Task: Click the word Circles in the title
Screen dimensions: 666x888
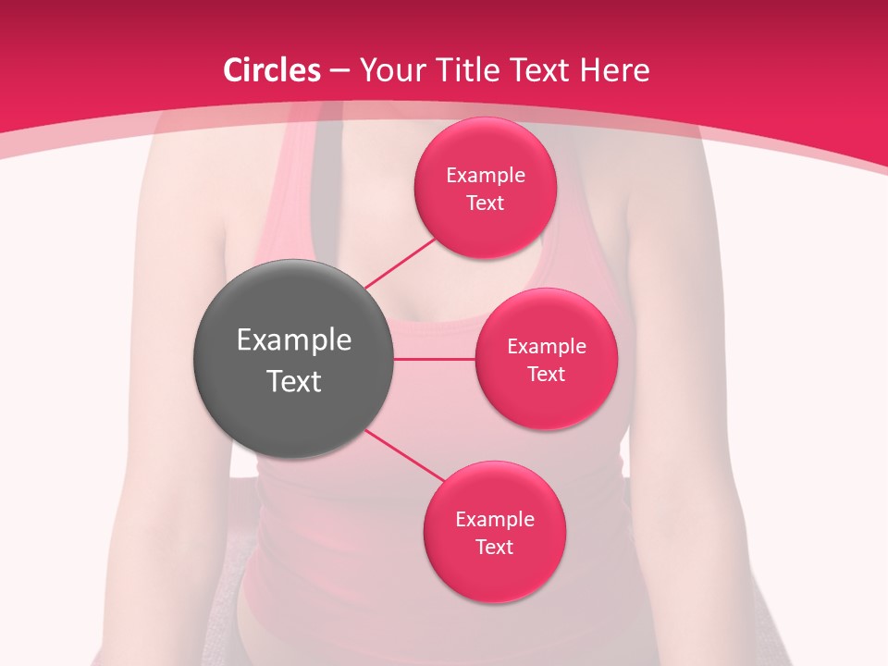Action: click(x=272, y=70)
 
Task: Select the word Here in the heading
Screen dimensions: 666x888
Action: click(x=614, y=70)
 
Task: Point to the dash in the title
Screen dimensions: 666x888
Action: click(x=339, y=71)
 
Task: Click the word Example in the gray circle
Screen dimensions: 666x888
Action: click(x=294, y=340)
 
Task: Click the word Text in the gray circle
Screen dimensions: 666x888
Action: click(x=294, y=381)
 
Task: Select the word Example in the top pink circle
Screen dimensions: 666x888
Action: click(x=486, y=176)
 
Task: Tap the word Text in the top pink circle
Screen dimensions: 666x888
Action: click(x=486, y=203)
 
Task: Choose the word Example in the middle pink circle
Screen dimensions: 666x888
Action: click(x=546, y=347)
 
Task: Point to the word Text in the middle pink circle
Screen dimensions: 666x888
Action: click(x=546, y=375)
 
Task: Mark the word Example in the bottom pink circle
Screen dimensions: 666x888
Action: click(x=495, y=520)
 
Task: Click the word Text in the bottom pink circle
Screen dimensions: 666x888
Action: click(x=495, y=548)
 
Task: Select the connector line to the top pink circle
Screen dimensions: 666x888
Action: click(x=400, y=262)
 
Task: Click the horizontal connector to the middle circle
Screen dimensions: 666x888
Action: click(x=435, y=359)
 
